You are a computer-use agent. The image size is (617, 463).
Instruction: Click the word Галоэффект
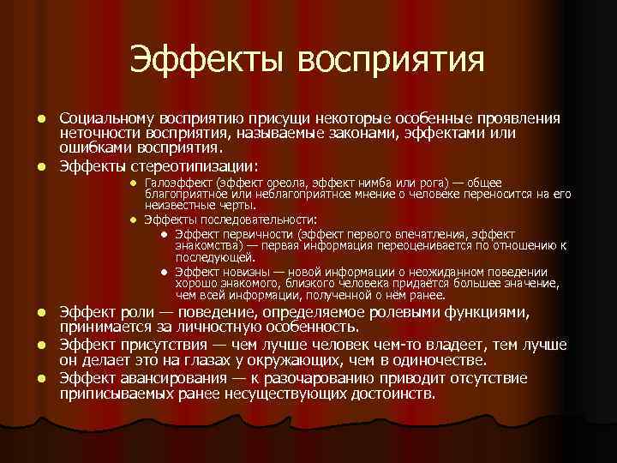pos(179,183)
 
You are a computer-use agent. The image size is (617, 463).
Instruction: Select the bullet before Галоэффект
pos(134,183)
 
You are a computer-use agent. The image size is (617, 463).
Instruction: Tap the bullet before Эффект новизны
pos(163,269)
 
